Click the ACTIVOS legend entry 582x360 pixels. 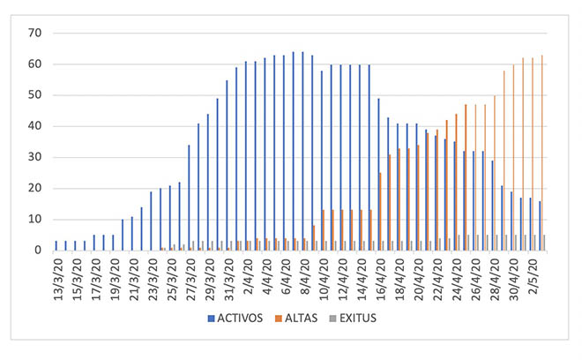point(239,318)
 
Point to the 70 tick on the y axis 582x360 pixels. point(35,33)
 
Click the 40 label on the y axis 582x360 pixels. point(35,126)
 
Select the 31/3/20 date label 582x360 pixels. point(229,276)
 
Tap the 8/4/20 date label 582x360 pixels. point(306,274)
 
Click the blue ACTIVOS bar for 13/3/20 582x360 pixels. point(56,245)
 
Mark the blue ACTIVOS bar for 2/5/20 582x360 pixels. point(539,226)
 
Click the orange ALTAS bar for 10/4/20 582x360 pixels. point(324,230)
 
